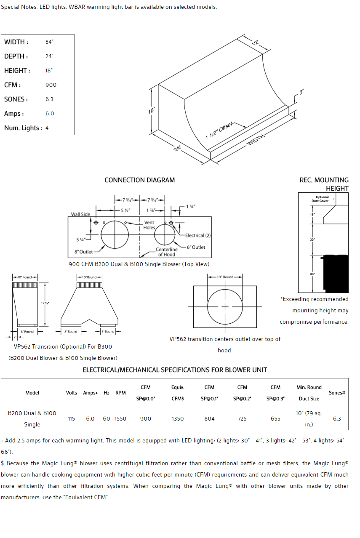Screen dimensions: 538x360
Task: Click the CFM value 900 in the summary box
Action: coord(51,85)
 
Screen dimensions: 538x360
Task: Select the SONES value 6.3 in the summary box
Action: coord(50,99)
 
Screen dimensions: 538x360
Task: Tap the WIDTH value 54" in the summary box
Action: coord(49,42)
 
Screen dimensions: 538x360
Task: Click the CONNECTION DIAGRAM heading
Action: coord(139,180)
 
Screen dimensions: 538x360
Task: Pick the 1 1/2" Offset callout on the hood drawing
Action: coord(219,131)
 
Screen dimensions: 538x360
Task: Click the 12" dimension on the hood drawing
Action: coord(256,43)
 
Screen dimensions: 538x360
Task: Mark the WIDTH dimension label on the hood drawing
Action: coord(256,139)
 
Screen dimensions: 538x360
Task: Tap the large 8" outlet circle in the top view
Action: coord(115,234)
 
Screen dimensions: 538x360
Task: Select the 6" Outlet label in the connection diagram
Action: coord(196,247)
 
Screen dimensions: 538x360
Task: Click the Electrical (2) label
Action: coord(198,235)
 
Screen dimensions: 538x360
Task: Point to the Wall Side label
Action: coord(80,214)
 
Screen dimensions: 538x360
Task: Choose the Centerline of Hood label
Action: coord(167,252)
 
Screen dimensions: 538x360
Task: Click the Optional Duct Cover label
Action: coord(322,199)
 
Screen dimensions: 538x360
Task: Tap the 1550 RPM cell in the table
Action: coord(120,419)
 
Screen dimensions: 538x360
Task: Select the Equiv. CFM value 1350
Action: coord(178,419)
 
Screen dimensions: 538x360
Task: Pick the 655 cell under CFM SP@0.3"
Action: coord(275,419)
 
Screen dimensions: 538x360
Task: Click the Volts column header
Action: coord(72,393)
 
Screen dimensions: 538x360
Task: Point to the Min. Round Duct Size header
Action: coord(309,393)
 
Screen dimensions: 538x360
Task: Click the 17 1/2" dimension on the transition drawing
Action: coord(45,303)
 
